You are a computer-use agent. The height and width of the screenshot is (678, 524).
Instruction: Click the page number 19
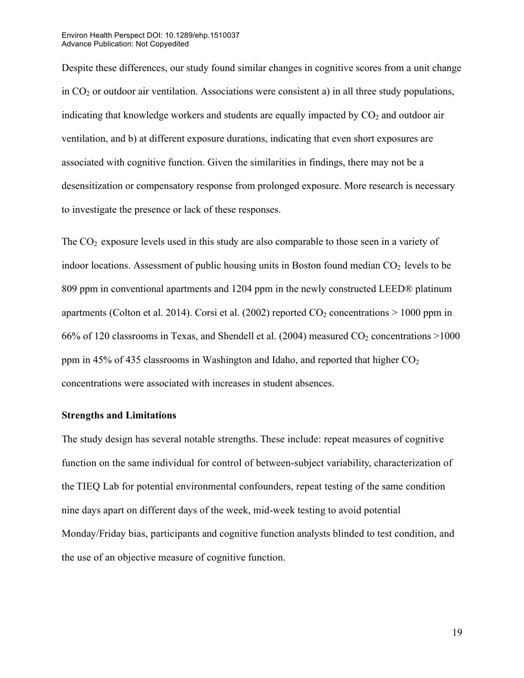457,633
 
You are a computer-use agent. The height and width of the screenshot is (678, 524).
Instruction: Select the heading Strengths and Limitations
119,415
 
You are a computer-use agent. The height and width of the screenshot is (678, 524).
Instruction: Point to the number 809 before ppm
70,289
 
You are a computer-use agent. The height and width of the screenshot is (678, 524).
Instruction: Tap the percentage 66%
71,337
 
